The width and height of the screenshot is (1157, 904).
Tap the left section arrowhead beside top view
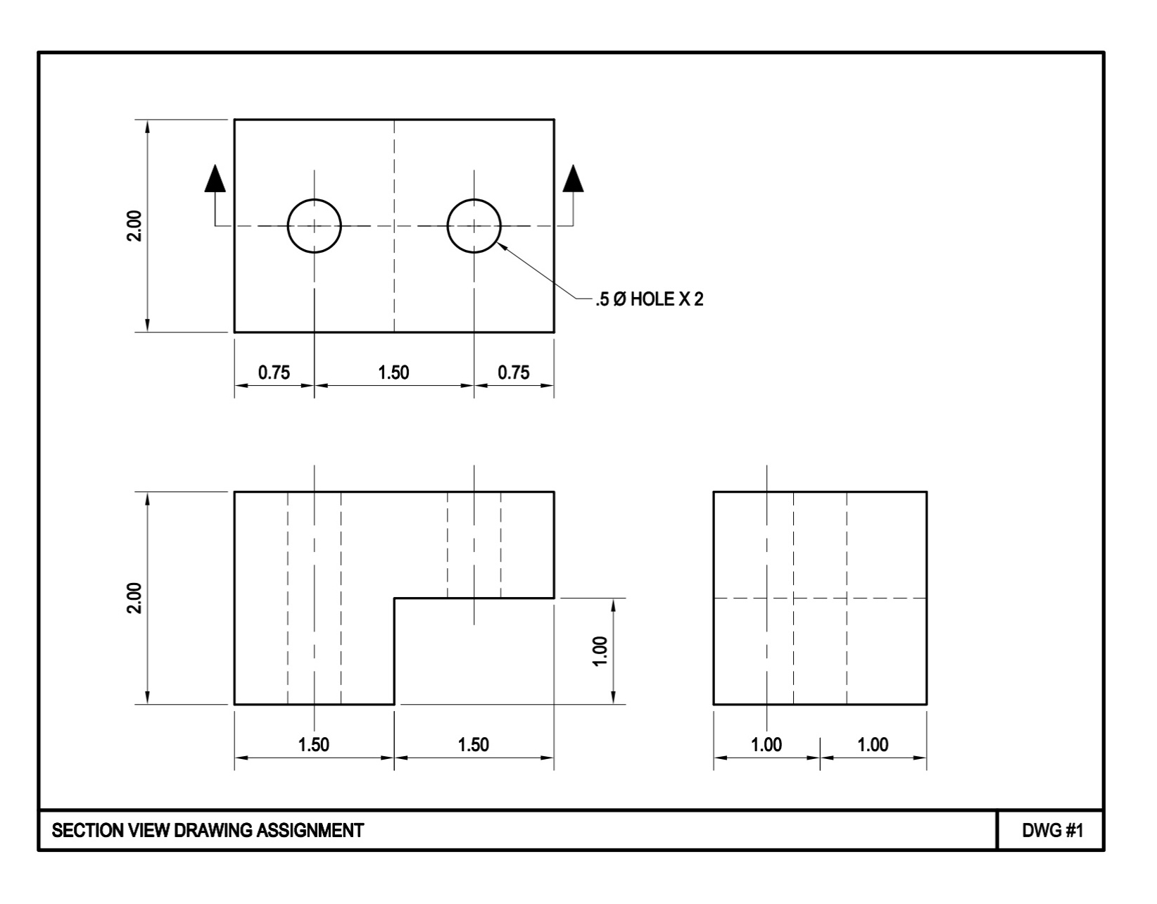coord(215,179)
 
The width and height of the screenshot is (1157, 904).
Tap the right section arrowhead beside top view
coord(574,179)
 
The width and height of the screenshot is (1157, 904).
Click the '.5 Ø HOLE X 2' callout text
coord(649,300)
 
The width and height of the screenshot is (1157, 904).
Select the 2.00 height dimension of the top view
coord(134,226)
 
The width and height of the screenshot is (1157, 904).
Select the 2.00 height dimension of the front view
coord(134,598)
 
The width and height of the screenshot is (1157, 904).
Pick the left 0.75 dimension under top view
coord(274,372)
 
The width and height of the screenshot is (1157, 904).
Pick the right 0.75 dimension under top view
coord(514,372)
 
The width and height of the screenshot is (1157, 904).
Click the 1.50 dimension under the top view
coord(393,372)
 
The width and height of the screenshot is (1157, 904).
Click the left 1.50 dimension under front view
coord(314,744)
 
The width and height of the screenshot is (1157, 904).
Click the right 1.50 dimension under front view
coord(474,744)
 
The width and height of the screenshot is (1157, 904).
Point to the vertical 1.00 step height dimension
coord(600,651)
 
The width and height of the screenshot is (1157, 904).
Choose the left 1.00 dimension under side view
coord(766,744)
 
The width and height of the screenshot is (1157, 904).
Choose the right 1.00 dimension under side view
coord(873,744)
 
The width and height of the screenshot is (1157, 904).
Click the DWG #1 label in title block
coord(1052,831)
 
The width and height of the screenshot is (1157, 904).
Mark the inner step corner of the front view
coord(394,598)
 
